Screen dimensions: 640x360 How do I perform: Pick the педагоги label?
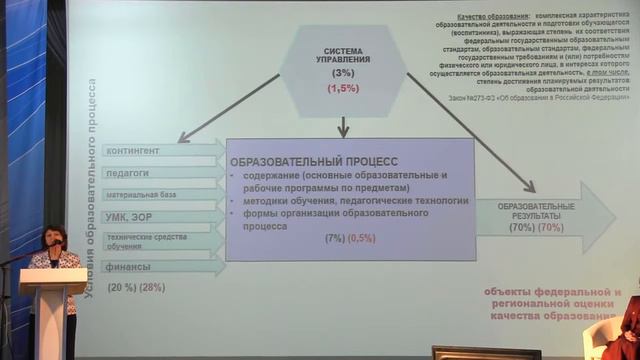click(x=126, y=173)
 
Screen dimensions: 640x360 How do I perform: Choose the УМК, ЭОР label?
click(x=128, y=216)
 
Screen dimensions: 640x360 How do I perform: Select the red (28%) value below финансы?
click(x=153, y=288)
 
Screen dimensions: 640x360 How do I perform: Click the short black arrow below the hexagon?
click(x=343, y=126)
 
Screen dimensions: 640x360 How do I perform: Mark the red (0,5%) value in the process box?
click(x=362, y=238)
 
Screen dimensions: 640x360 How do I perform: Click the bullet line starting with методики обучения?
click(x=349, y=200)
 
